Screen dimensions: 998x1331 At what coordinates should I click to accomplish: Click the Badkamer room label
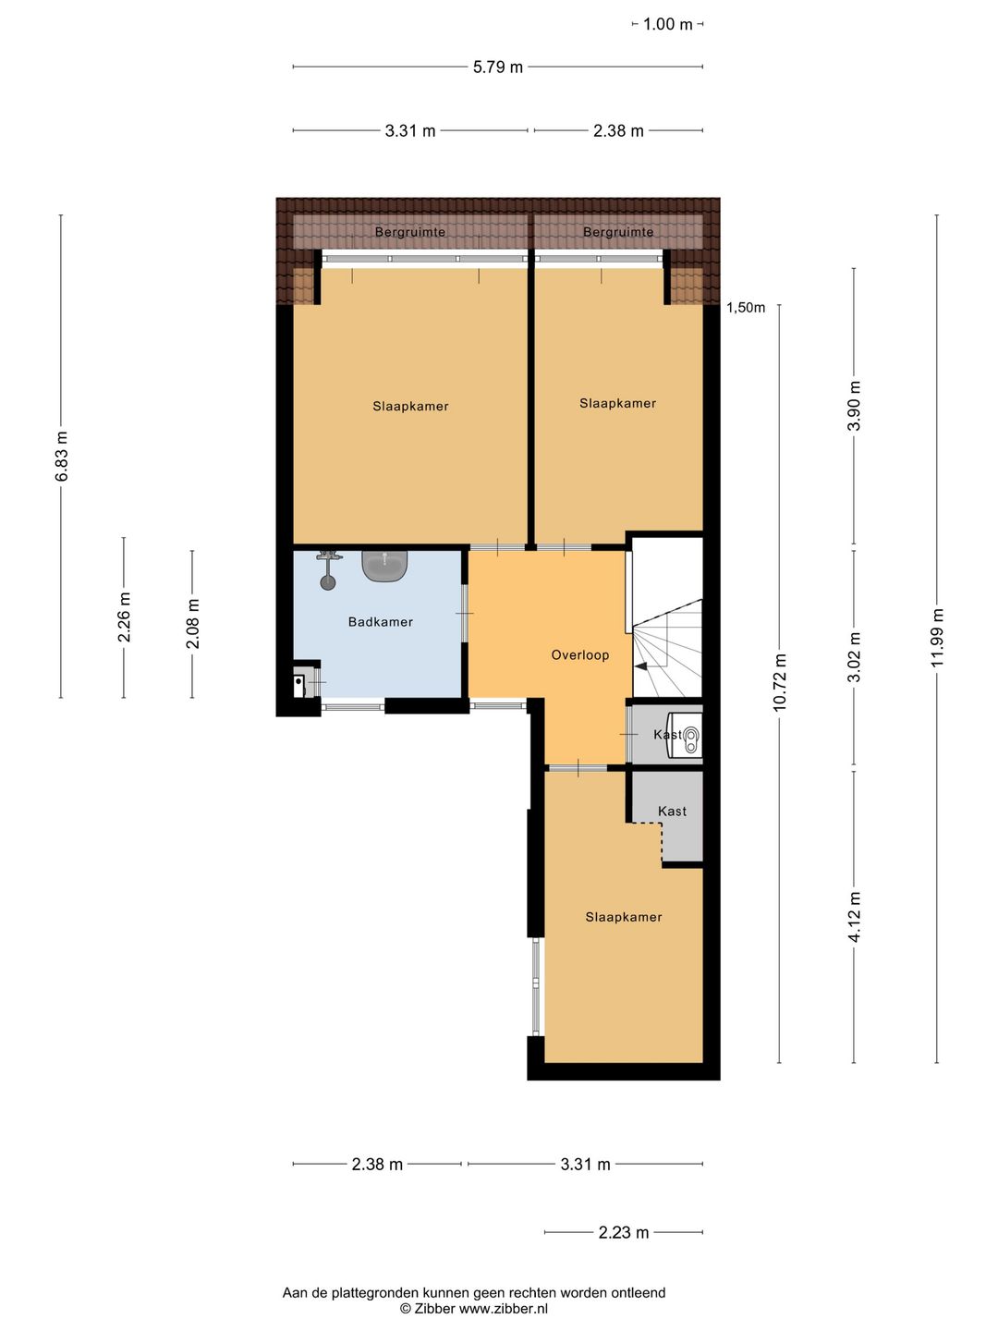click(380, 621)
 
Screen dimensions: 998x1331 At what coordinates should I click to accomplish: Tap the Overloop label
click(580, 655)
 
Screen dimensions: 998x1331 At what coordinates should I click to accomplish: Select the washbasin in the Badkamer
click(384, 566)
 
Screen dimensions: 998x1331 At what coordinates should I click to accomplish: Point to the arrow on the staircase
click(640, 665)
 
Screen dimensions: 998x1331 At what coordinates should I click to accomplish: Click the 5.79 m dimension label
click(497, 67)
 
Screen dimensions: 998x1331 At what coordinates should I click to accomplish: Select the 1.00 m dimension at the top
click(667, 24)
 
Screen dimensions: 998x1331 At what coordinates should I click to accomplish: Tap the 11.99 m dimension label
click(937, 637)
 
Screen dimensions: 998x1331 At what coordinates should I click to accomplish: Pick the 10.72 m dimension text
click(779, 682)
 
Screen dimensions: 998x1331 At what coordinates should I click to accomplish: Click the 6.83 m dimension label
click(61, 456)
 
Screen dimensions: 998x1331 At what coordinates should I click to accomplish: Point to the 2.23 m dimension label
click(624, 1232)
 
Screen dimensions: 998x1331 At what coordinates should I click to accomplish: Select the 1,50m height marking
click(746, 308)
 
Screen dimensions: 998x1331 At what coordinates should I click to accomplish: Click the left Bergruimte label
click(409, 232)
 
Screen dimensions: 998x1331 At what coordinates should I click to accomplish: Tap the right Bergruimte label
click(618, 232)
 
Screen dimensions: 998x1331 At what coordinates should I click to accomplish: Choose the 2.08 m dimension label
click(192, 624)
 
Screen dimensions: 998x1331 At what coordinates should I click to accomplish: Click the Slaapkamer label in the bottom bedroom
click(623, 917)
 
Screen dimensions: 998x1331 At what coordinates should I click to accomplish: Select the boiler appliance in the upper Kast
click(685, 735)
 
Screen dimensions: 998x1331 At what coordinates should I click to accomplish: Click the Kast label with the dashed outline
click(672, 811)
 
